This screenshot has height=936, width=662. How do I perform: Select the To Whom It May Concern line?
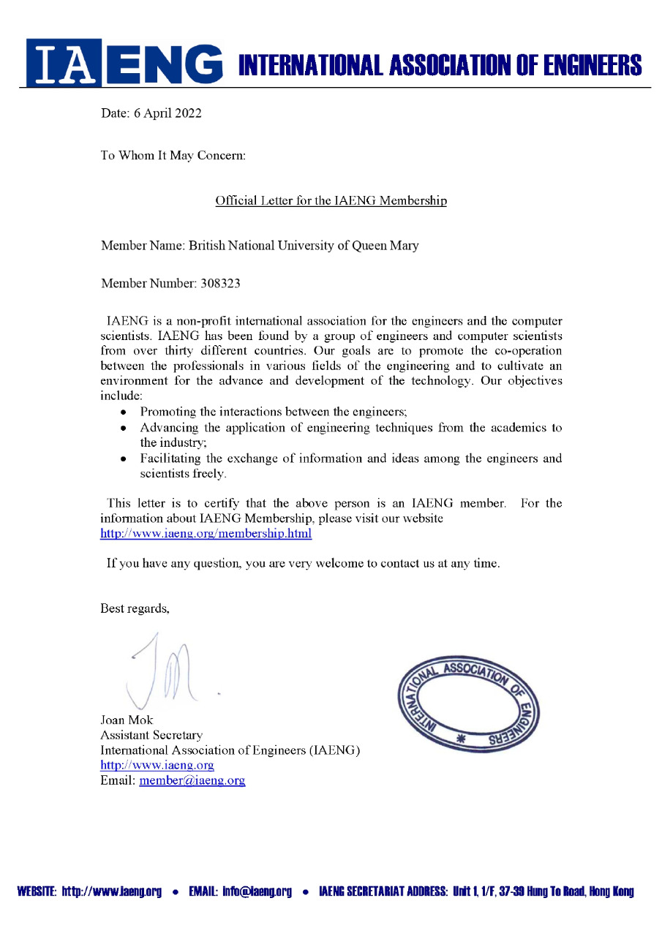(x=173, y=156)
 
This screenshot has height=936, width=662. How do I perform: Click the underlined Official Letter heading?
(x=331, y=200)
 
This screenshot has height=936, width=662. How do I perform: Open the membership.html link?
(x=206, y=534)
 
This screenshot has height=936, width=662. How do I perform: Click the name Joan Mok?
(x=127, y=720)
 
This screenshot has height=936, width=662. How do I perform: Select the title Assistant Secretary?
(x=151, y=735)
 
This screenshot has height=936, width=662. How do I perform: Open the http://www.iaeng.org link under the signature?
(x=157, y=766)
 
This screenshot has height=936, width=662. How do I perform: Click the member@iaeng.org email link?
(x=192, y=781)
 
